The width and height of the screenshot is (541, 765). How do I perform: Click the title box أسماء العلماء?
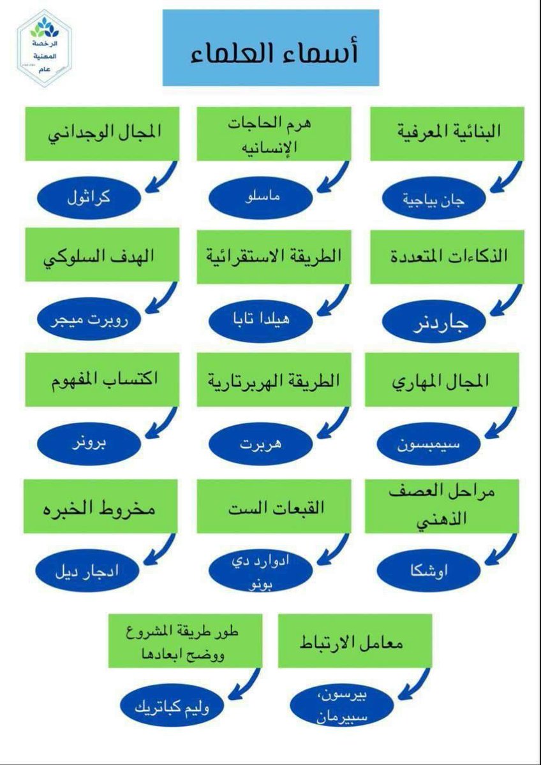click(x=270, y=48)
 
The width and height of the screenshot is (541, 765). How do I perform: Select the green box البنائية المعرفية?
click(x=447, y=133)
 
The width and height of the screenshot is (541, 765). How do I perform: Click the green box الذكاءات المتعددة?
click(x=447, y=257)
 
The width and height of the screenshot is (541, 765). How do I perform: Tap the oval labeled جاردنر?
click(x=437, y=322)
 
